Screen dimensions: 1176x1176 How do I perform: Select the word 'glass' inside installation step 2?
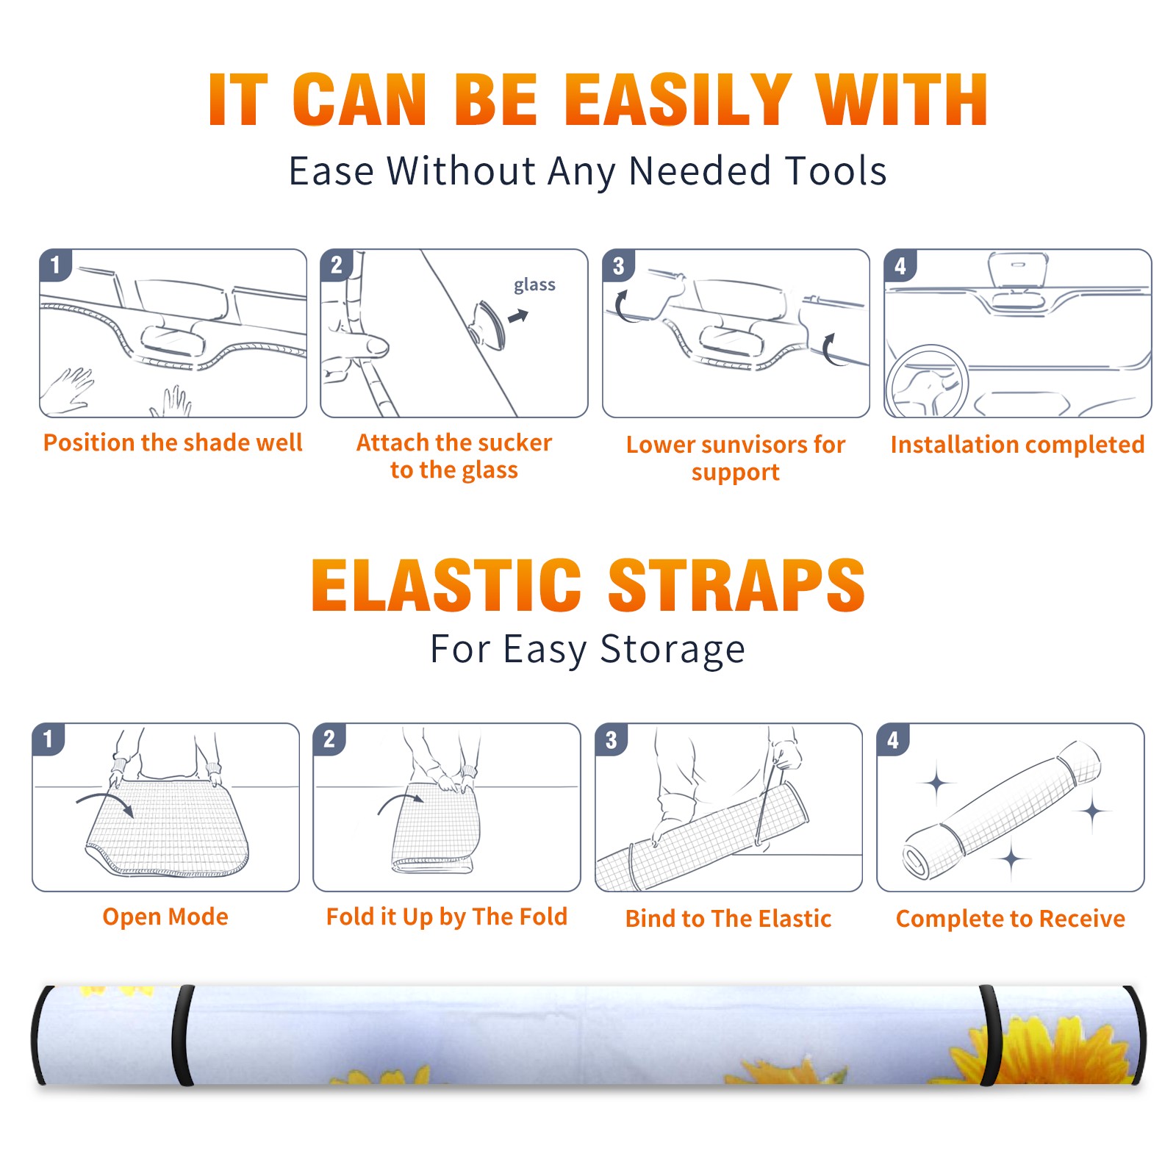click(x=534, y=285)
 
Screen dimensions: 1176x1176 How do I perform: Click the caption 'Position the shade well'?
click(x=173, y=442)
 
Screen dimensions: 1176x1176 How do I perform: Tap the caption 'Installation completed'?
click(x=1017, y=444)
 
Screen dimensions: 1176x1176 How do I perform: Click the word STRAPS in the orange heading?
click(x=736, y=585)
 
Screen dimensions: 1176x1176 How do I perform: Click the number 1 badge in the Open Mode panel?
click(x=49, y=739)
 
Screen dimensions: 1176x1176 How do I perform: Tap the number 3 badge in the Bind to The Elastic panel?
click(x=612, y=739)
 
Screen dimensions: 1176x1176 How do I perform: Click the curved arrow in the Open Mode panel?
click(x=105, y=803)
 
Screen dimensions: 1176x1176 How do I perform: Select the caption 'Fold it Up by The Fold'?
click(x=447, y=917)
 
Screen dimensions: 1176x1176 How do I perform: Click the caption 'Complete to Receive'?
click(x=1011, y=919)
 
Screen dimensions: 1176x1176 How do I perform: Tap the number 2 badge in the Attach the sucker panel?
click(x=337, y=265)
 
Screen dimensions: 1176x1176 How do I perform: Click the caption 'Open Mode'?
click(x=165, y=917)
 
